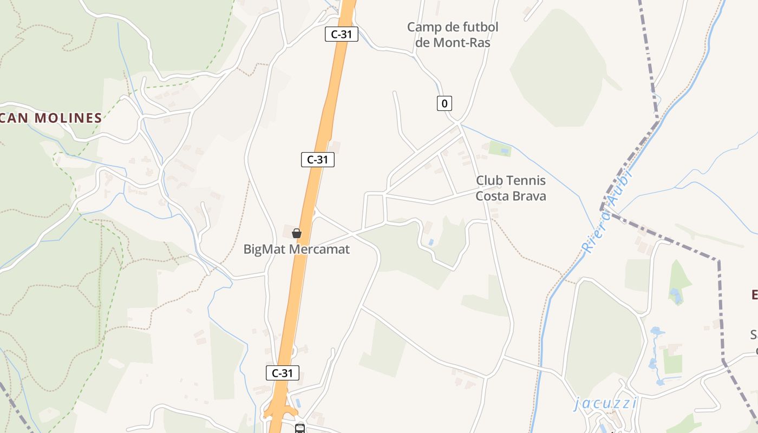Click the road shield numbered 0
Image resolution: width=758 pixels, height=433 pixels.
coord(445,103)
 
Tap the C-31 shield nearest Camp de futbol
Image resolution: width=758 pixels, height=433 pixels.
coord(342,34)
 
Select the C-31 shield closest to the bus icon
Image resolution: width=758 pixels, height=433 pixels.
coord(283,372)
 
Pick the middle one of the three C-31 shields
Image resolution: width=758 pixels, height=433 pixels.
coord(318,160)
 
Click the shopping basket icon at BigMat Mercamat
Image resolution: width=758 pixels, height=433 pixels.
coord(297,233)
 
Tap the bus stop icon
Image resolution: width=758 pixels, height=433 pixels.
coord(299,429)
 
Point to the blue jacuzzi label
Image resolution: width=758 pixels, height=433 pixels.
coord(605,403)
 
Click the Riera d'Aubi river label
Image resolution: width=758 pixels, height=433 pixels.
coord(607,211)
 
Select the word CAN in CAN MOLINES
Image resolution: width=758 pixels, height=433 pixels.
coord(15,118)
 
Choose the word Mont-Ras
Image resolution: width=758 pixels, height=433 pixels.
coord(462,43)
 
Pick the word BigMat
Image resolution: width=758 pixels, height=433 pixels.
coord(265,250)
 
